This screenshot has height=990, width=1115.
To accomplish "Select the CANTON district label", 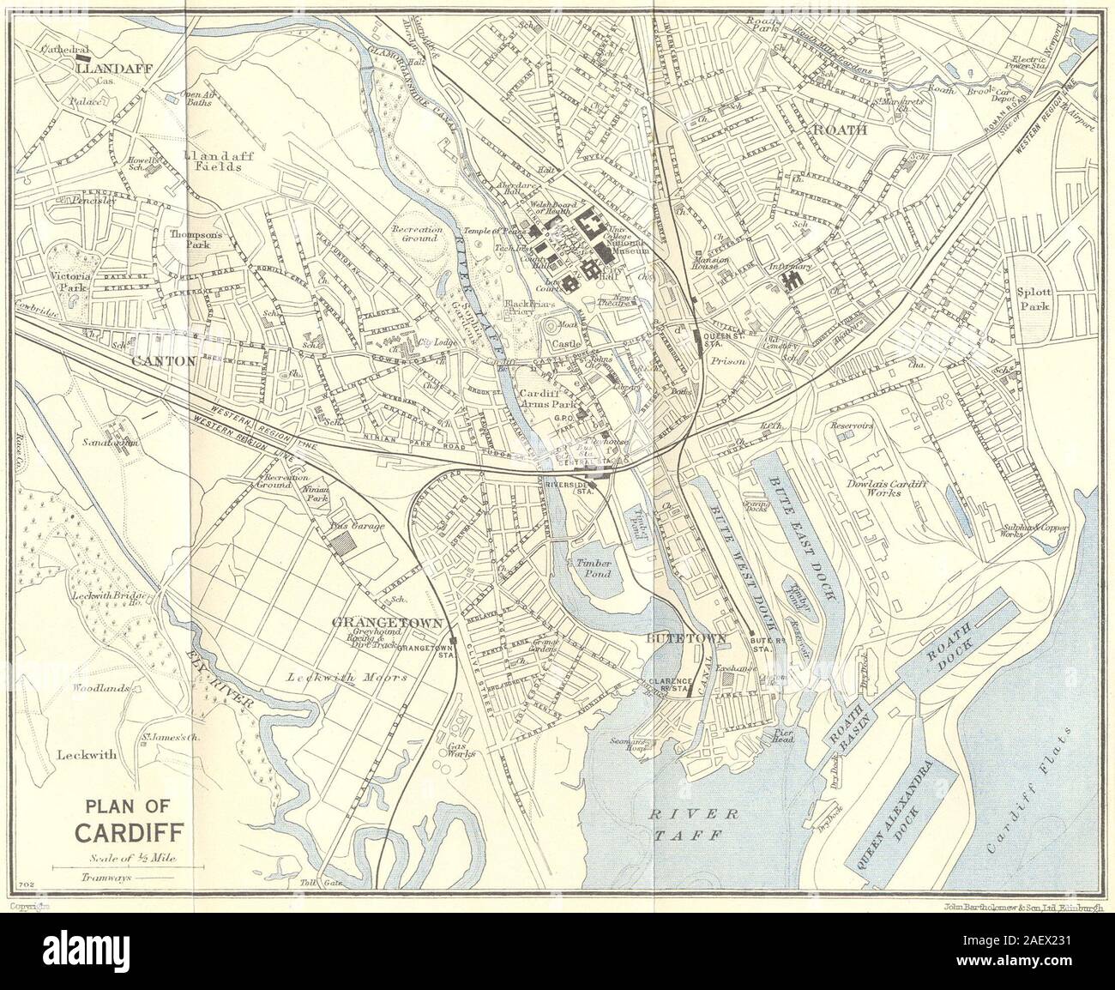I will (164, 361).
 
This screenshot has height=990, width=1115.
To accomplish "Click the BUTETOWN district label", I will (698, 638).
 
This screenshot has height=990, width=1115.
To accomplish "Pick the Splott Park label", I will (1034, 298).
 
